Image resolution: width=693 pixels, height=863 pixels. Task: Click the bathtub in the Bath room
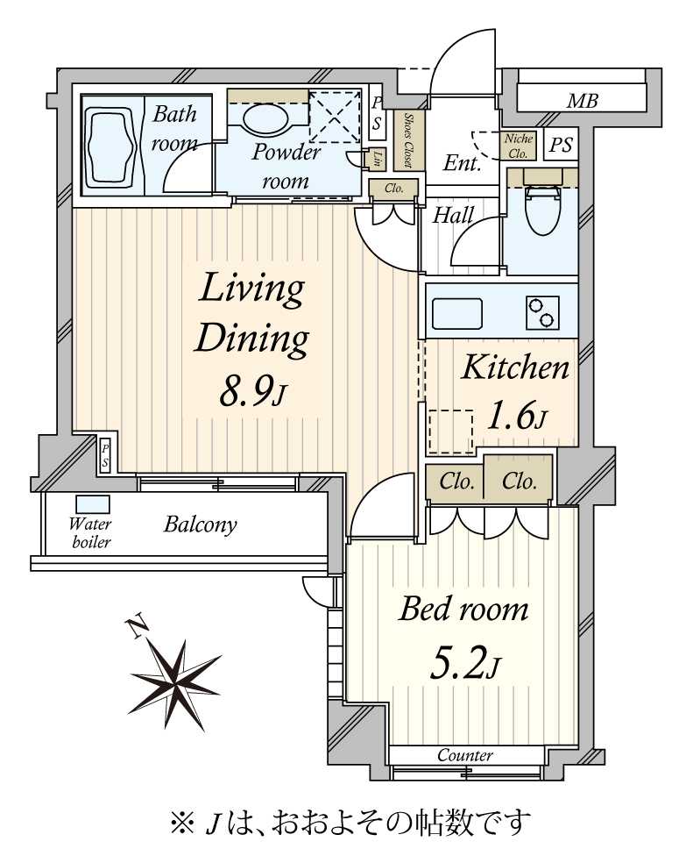pos(110,145)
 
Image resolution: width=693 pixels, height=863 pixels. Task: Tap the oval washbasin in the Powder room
pos(264,118)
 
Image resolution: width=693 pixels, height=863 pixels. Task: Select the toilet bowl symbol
pos(541,208)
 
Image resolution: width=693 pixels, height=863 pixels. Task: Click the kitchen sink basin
pos(457,314)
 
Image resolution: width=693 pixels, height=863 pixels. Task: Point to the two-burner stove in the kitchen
pos(542,312)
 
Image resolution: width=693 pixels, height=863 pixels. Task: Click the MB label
pos(583,101)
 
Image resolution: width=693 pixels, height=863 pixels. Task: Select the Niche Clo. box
pos(518,146)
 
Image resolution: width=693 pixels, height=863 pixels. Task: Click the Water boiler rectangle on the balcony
pos(92,504)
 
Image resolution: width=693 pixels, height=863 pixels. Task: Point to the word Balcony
pos(201,524)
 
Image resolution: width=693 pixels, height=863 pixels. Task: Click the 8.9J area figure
pos(253,392)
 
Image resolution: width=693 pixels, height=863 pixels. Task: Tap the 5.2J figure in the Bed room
pos(464,664)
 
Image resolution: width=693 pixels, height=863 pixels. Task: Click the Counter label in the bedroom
pos(465,755)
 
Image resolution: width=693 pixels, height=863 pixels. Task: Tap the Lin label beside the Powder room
pos(377,159)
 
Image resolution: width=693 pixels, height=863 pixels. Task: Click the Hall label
pos(453,215)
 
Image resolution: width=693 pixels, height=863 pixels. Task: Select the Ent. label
pos(462,163)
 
